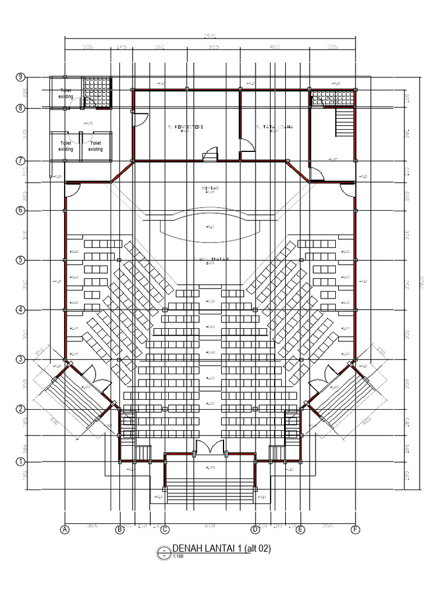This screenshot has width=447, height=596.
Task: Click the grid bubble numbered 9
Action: coord(20,77)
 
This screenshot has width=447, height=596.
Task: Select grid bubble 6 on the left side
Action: coord(20,210)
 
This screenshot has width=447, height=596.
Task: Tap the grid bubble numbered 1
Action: coord(20,462)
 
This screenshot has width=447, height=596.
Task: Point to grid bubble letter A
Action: coord(65,530)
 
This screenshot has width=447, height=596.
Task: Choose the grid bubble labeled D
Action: coord(255,530)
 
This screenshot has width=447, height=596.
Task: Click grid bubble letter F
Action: coord(355,530)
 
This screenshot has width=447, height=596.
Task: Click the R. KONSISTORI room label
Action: coord(185,127)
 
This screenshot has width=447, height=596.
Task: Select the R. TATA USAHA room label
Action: coord(274,127)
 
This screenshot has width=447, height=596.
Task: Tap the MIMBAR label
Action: coord(210,189)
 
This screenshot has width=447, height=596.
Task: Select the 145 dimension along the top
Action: coord(122,47)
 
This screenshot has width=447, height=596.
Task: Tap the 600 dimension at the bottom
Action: coord(210,526)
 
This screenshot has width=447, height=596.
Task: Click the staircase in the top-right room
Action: coord(345,123)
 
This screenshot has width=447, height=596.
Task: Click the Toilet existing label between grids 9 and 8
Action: coord(66,93)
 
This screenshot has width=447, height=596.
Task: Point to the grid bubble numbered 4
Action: coord(20,310)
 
